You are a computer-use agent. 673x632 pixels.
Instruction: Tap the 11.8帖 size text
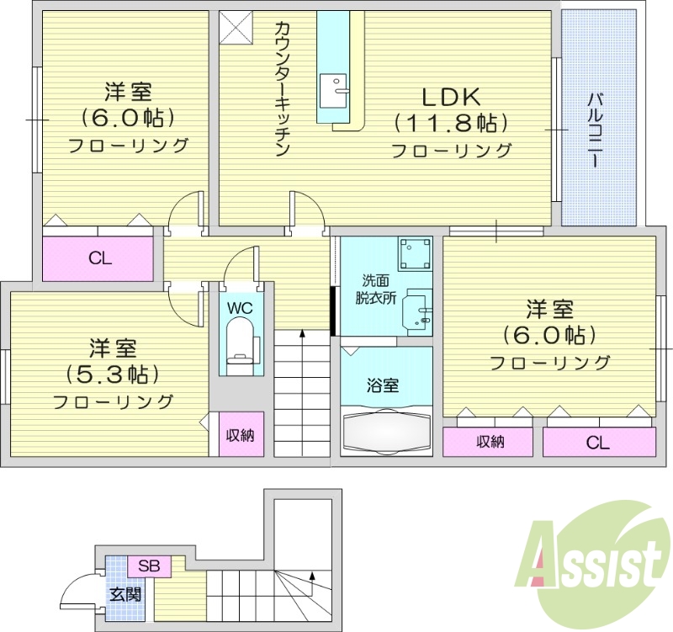452,123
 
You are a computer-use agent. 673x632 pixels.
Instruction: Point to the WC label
240,308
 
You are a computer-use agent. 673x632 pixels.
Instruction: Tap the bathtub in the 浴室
386,432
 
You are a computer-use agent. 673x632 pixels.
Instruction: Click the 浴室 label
382,386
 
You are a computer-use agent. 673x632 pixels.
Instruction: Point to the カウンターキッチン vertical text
281,88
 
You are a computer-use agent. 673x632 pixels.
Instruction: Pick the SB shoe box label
149,566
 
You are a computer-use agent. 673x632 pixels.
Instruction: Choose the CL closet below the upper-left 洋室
99,258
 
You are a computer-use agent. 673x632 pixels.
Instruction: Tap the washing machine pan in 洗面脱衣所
416,252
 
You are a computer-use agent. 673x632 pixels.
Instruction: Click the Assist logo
592,556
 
